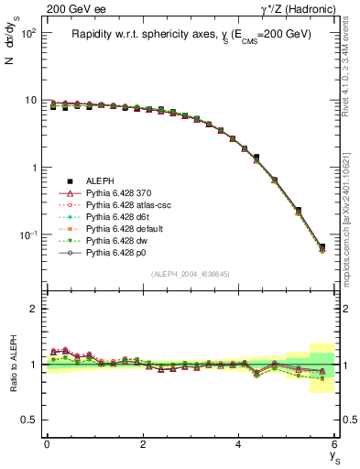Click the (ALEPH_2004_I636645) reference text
click(191, 274)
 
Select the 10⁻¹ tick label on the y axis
click(27, 235)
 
